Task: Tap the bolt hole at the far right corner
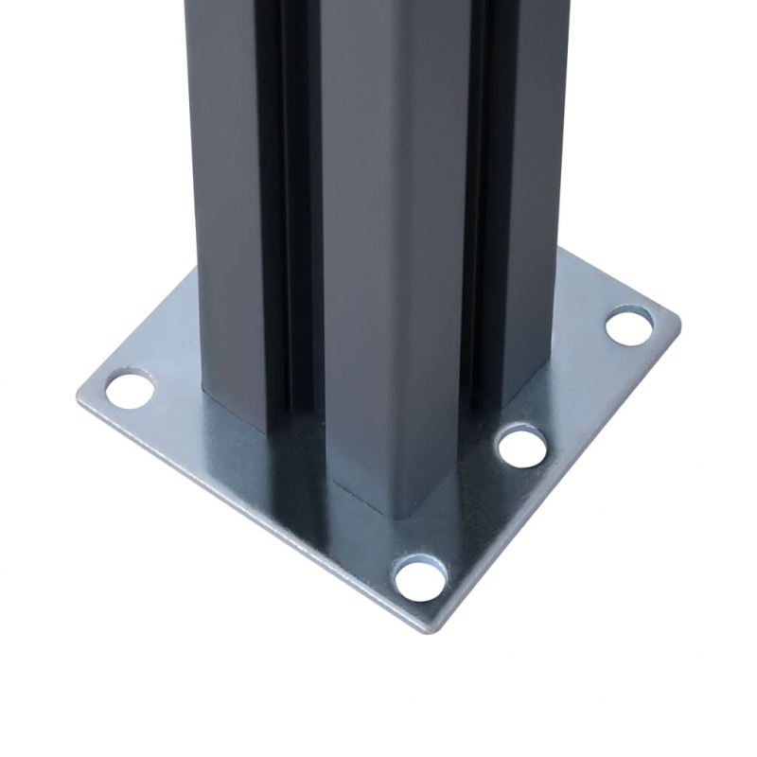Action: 629,326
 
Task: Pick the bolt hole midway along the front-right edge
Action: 521,446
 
